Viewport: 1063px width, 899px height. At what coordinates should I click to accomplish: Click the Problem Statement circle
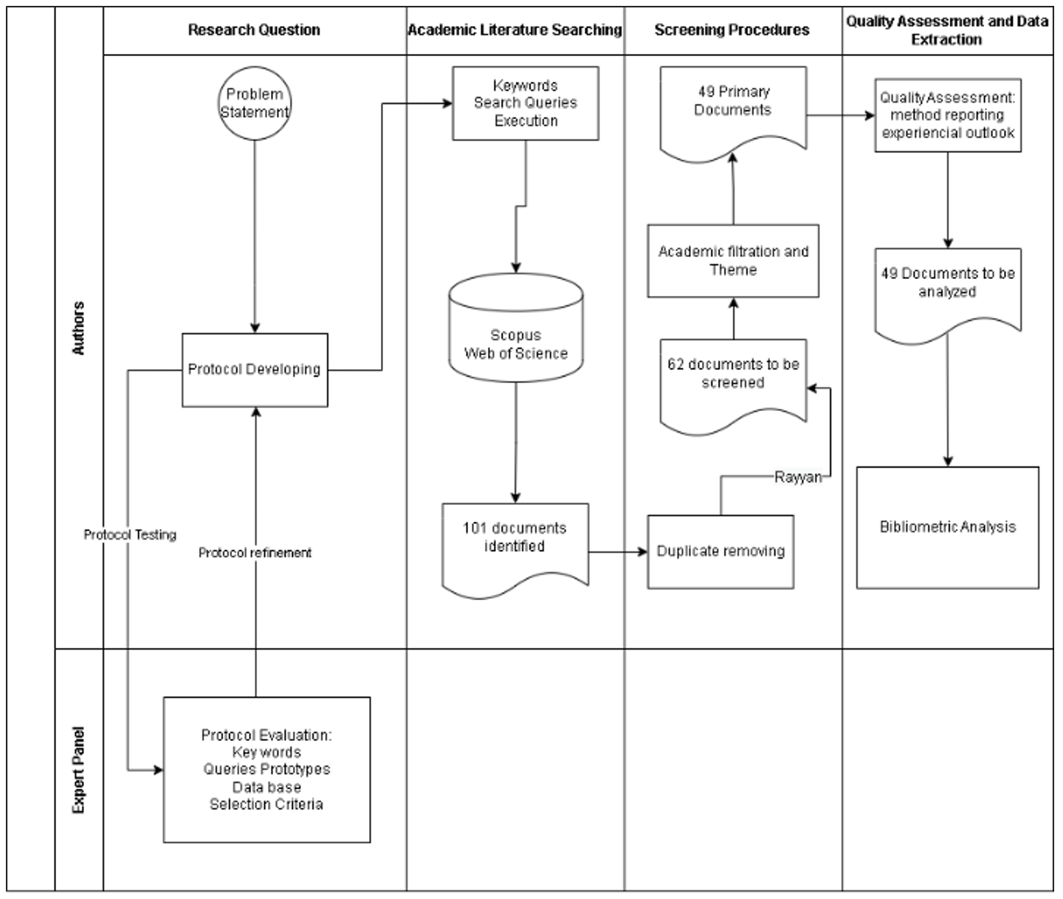[255, 103]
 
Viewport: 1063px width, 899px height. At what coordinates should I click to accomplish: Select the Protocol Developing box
[255, 370]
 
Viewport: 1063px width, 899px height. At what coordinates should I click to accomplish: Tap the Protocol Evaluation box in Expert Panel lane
[266, 770]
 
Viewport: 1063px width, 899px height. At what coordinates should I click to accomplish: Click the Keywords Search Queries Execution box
[526, 103]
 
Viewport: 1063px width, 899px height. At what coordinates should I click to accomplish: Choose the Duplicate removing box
[720, 551]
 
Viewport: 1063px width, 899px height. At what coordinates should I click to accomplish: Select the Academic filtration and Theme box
[733, 261]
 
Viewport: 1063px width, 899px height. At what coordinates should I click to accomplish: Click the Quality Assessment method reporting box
[948, 116]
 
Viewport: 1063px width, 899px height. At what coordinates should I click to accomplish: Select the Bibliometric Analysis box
[948, 528]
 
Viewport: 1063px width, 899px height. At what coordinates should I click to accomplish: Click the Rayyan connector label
[798, 478]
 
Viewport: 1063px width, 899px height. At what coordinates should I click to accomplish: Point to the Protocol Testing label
[130, 535]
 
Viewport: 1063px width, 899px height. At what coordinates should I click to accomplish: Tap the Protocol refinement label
[255, 553]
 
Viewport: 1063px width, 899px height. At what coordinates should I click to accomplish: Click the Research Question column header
[254, 30]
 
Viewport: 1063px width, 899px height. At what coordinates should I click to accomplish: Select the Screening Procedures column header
[732, 30]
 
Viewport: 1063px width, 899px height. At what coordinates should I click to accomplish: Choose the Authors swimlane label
[78, 328]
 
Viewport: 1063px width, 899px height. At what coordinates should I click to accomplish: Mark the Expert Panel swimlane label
[78, 770]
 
